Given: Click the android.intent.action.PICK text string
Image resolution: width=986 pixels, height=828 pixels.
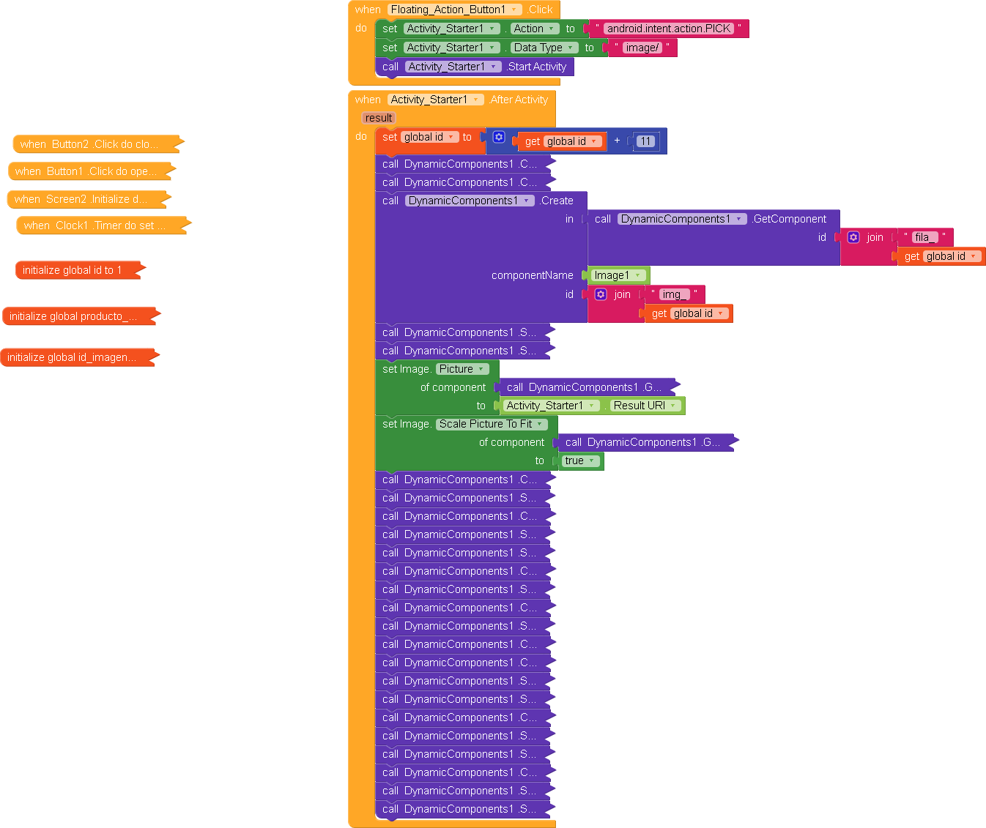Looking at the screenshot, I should tap(668, 29).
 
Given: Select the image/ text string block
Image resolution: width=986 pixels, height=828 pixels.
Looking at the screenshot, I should tap(642, 48).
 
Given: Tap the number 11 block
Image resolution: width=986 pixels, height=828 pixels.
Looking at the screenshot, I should tap(645, 141).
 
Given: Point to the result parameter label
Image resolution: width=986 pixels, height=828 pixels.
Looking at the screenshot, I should tap(379, 118).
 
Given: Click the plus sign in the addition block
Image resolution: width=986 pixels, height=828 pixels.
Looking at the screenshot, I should tap(617, 141).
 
